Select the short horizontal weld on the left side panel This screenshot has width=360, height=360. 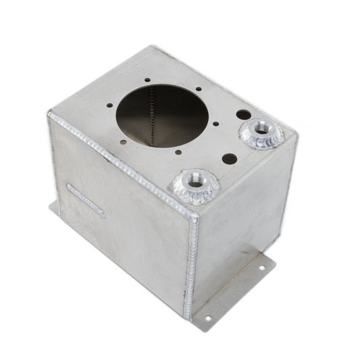pos(86,200)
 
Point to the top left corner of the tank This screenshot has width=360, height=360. pos(49,116)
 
